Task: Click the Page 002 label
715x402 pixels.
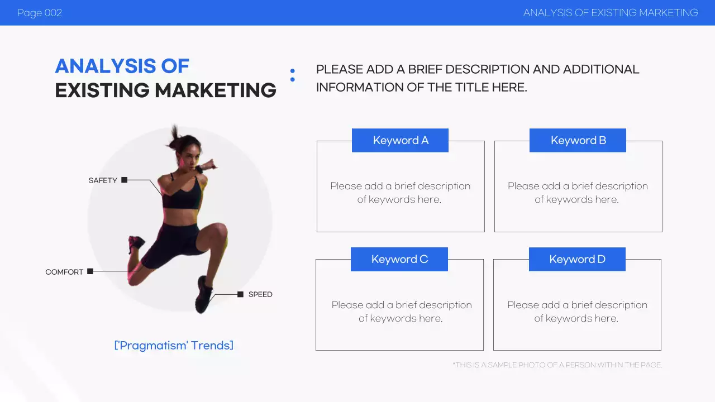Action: click(40, 13)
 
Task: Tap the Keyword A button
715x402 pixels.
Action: click(400, 140)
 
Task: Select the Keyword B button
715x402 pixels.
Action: click(578, 140)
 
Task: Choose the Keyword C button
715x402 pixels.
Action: click(399, 259)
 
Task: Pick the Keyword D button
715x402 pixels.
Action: click(577, 259)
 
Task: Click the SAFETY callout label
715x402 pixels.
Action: click(103, 180)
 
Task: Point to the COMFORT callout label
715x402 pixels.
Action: click(64, 272)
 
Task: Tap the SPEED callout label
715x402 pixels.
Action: click(260, 294)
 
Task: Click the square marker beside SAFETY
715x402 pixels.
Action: click(125, 180)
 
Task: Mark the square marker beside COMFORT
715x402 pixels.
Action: click(90, 271)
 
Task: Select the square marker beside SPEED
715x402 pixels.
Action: click(240, 294)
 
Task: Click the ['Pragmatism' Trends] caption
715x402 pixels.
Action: click(174, 345)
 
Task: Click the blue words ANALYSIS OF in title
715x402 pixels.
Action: click(122, 66)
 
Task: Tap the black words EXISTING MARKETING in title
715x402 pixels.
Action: click(165, 90)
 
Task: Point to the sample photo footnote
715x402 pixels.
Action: click(557, 365)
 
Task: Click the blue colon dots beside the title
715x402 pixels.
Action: click(292, 75)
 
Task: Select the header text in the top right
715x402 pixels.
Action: click(611, 13)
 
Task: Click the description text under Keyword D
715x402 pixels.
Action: click(577, 312)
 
